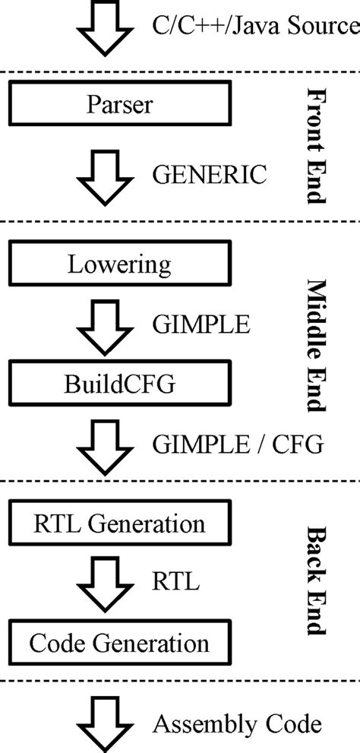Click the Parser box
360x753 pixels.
click(119, 104)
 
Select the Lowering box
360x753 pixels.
click(119, 265)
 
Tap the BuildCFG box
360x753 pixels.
click(119, 384)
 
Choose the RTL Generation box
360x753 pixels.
click(119, 524)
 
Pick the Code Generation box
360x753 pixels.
click(119, 644)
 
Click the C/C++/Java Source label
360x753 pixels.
click(255, 27)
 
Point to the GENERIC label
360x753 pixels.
click(210, 176)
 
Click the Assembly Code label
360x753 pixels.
click(238, 723)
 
